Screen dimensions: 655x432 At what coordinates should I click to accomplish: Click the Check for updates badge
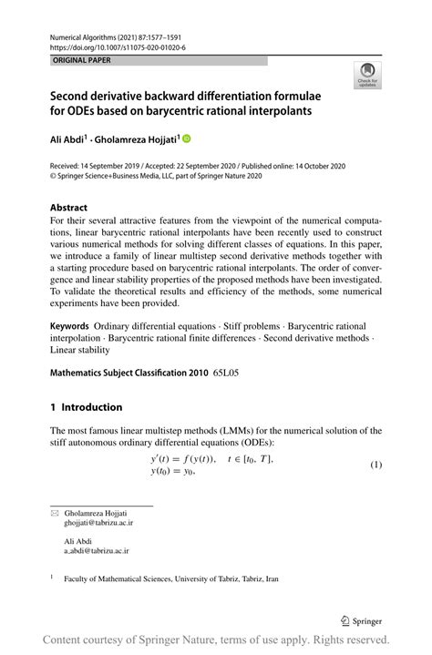(x=368, y=75)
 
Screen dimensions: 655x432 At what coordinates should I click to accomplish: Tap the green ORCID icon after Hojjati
(x=188, y=139)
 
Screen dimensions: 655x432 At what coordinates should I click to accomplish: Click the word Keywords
(x=70, y=325)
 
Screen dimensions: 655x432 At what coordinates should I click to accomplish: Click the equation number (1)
(x=375, y=465)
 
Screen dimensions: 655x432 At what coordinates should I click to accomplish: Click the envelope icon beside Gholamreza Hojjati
(x=53, y=514)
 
